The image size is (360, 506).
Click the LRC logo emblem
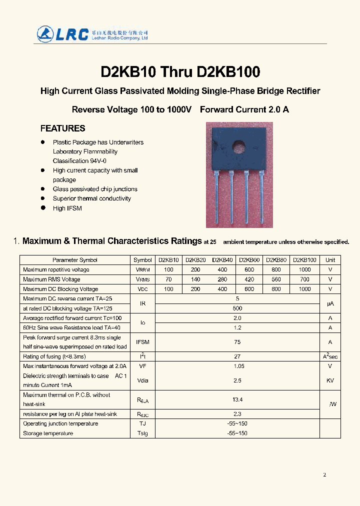45,33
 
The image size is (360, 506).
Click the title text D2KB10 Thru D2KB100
180,72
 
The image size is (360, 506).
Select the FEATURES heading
62,128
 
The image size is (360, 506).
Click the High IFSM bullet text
67,208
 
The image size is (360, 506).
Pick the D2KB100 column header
304,260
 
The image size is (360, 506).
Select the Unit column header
330,260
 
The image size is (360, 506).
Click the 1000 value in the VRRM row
304,269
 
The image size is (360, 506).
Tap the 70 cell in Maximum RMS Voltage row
168,279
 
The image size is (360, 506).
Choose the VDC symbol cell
142,289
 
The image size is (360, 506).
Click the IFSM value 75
237,342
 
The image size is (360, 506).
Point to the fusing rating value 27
237,356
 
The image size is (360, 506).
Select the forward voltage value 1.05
237,366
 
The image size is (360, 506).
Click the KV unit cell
330,380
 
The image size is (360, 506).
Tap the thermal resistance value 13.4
237,399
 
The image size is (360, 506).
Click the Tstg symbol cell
142,433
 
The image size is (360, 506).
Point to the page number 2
324,474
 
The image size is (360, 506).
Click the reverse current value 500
237,308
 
